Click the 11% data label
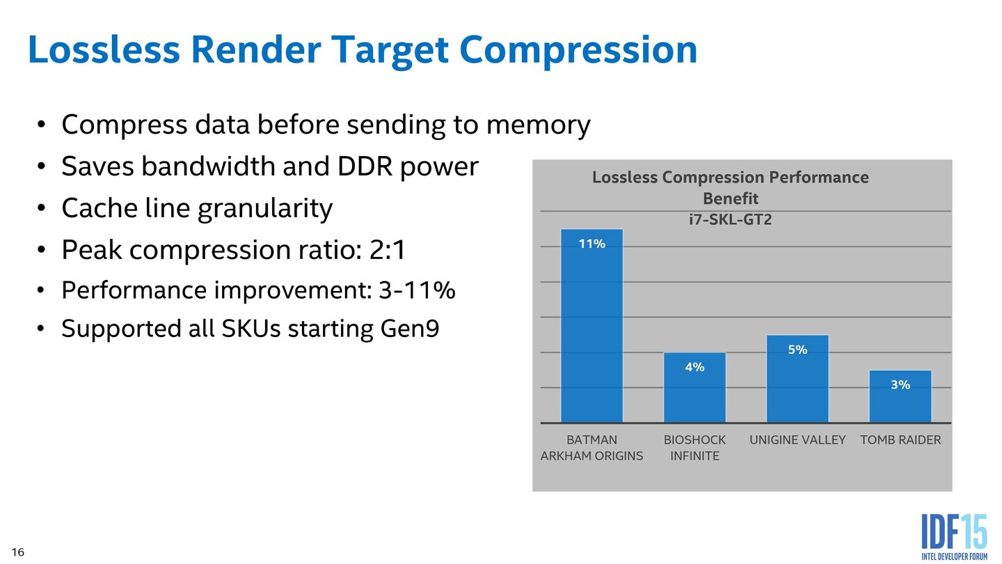[x=592, y=244]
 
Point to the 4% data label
[x=694, y=367]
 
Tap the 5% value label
[x=797, y=350]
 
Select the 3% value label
[x=900, y=384]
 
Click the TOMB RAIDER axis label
[x=900, y=440]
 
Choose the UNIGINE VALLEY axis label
[x=797, y=440]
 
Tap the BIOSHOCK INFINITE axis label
[x=694, y=448]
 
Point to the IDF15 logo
[x=954, y=535]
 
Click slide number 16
[x=18, y=552]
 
